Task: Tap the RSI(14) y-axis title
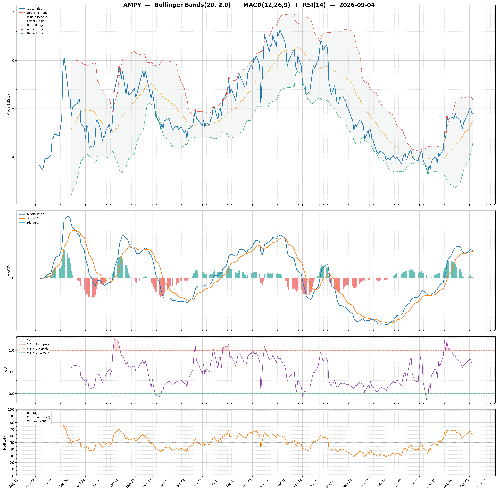point(4,443)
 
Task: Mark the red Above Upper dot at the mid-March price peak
point(264,35)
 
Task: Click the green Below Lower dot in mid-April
point(303,84)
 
